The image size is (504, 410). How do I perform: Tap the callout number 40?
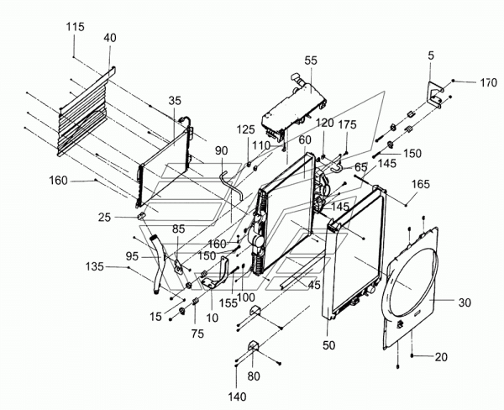pyautogui.click(x=110, y=38)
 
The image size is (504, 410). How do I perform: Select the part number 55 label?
pyautogui.click(x=311, y=61)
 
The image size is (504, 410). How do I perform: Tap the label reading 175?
pyautogui.click(x=347, y=125)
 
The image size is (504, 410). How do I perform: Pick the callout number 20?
pyautogui.click(x=441, y=357)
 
